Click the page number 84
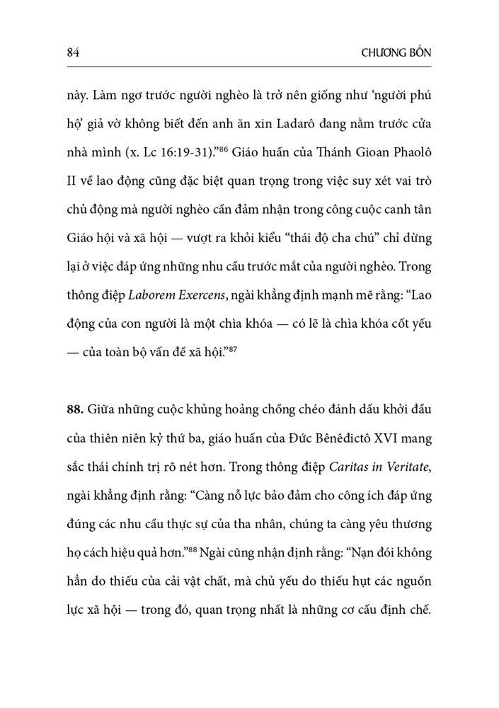(71, 52)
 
